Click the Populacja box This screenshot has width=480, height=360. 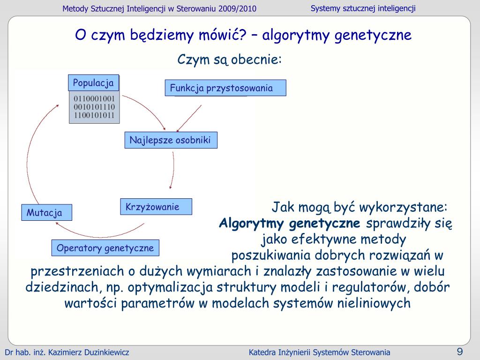pos(93,83)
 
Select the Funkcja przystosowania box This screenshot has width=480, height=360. pos(225,88)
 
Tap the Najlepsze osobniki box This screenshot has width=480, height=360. pos(171,140)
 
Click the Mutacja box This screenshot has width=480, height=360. pos(46,212)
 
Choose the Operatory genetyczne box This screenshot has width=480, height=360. pos(105,248)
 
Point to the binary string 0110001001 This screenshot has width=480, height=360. pos(94,99)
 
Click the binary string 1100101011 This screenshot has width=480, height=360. pos(94,115)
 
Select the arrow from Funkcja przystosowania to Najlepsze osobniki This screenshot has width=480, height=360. pos(189,118)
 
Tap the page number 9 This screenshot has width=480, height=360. pos(460,352)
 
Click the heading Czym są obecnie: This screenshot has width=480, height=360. pos(229,60)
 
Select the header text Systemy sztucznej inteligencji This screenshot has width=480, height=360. pos(363,8)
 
